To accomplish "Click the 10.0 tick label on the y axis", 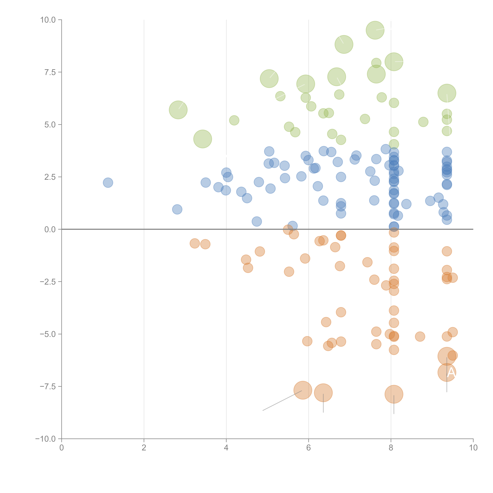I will [x=48, y=20].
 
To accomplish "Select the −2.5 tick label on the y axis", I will [x=48, y=282].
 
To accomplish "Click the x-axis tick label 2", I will [x=144, y=448].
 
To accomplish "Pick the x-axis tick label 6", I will [x=309, y=448].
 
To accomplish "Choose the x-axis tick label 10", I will [x=473, y=448].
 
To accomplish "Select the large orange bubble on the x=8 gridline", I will [x=394, y=394].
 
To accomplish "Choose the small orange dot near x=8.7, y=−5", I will [x=420, y=337].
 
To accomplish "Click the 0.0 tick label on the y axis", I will [x=50, y=229].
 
